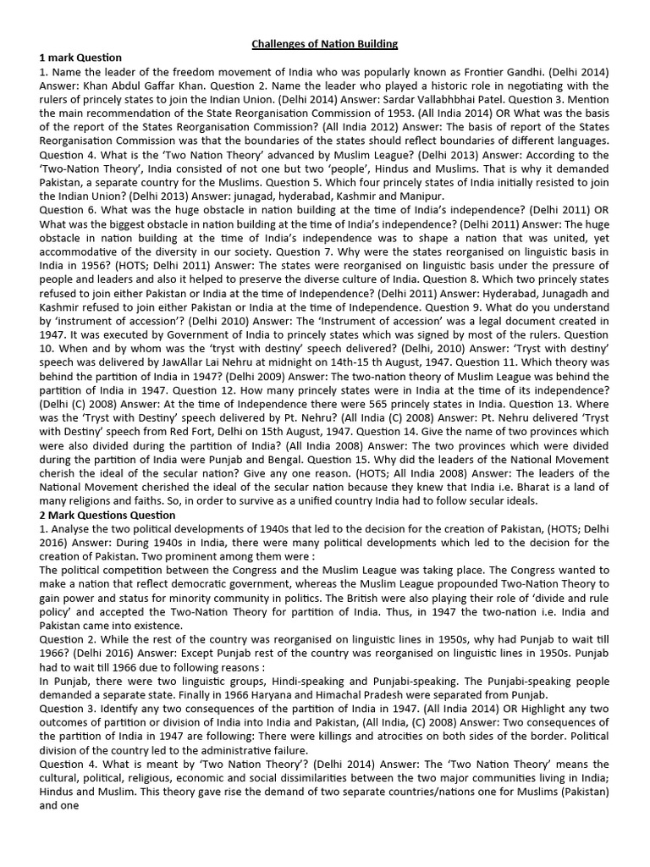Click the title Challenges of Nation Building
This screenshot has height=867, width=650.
(x=324, y=43)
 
